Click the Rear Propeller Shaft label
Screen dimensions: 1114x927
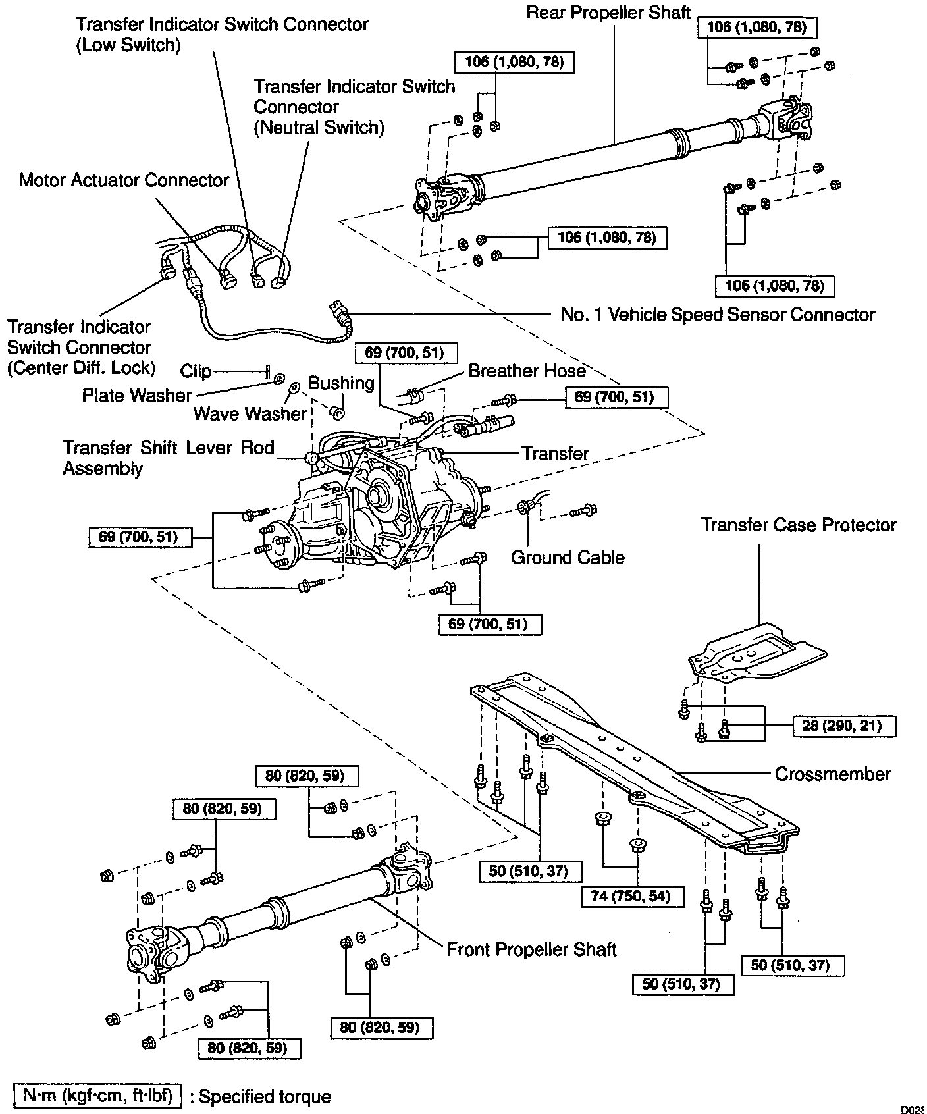(608, 13)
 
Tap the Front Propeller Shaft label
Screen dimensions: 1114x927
(531, 949)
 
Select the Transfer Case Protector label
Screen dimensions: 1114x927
(798, 525)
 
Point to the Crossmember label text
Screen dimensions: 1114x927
(832, 774)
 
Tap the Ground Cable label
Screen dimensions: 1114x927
(568, 558)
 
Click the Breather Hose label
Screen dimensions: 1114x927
(527, 371)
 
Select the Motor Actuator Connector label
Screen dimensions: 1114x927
(124, 180)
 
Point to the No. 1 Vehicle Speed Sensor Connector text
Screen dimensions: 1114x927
(718, 315)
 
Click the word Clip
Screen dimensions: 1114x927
(196, 371)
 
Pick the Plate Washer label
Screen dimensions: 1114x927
(136, 395)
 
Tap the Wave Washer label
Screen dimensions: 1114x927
(250, 413)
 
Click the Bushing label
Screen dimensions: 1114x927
(341, 383)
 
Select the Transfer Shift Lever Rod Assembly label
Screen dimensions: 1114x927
(168, 458)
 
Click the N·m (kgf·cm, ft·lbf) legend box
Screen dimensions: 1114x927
(97, 1096)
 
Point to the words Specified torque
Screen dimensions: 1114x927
(265, 1096)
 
